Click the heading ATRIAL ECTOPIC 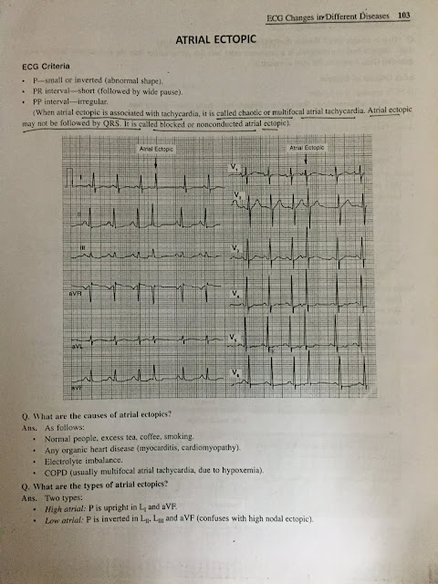click(218, 42)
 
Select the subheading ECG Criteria click(46, 68)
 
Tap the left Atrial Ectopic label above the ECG click(157, 147)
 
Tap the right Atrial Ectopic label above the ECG click(307, 147)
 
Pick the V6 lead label click(236, 373)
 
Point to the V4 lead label click(235, 294)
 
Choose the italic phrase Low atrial click(75, 520)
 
